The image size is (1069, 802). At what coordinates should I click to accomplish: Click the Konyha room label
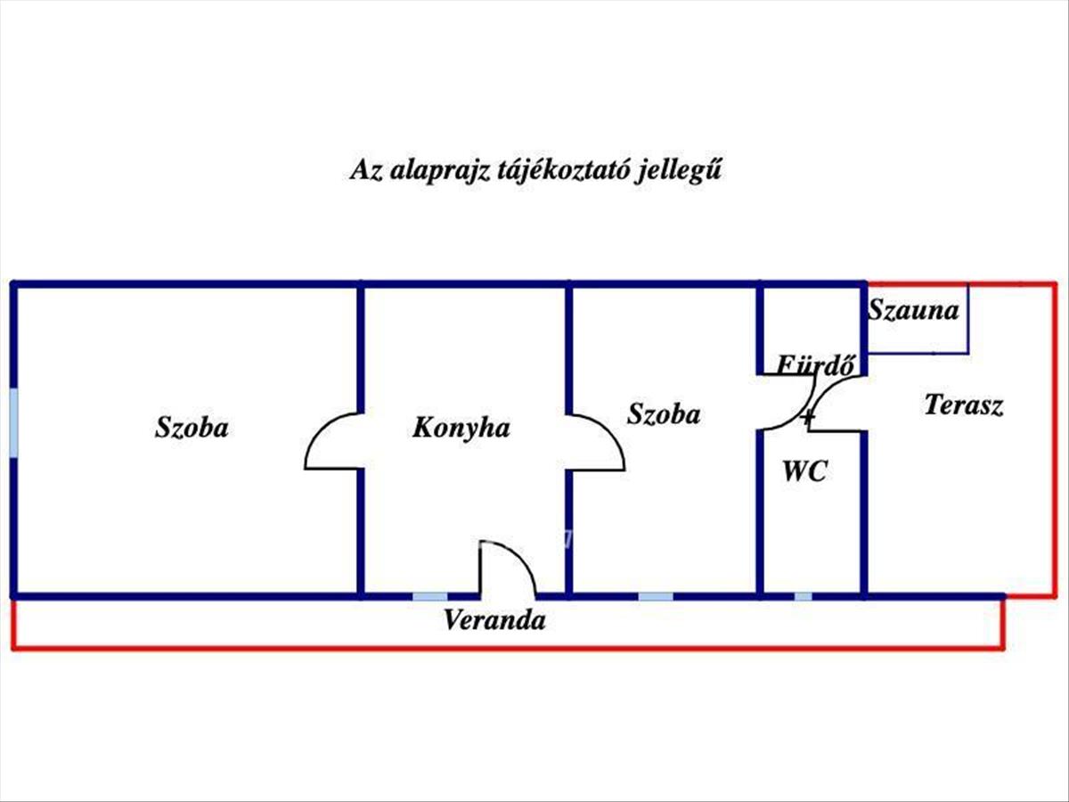[x=461, y=428]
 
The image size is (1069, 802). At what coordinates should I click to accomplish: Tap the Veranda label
[x=494, y=620]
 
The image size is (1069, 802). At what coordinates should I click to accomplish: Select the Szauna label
[x=913, y=311]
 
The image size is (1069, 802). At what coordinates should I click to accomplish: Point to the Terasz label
[x=964, y=405]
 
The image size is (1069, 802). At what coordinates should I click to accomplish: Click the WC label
[x=804, y=472]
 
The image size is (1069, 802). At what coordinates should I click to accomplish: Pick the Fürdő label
[x=816, y=364]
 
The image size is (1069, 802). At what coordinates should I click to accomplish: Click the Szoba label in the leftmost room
[x=192, y=428]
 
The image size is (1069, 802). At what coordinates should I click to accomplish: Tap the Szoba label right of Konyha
[x=664, y=414]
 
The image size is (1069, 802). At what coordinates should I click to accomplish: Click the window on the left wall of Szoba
[x=13, y=422]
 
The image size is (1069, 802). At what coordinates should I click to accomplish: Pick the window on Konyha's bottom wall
[x=429, y=595]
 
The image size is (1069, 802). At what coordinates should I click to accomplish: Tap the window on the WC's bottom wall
[x=803, y=595]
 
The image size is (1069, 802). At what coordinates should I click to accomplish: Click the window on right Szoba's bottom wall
[x=656, y=595]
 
